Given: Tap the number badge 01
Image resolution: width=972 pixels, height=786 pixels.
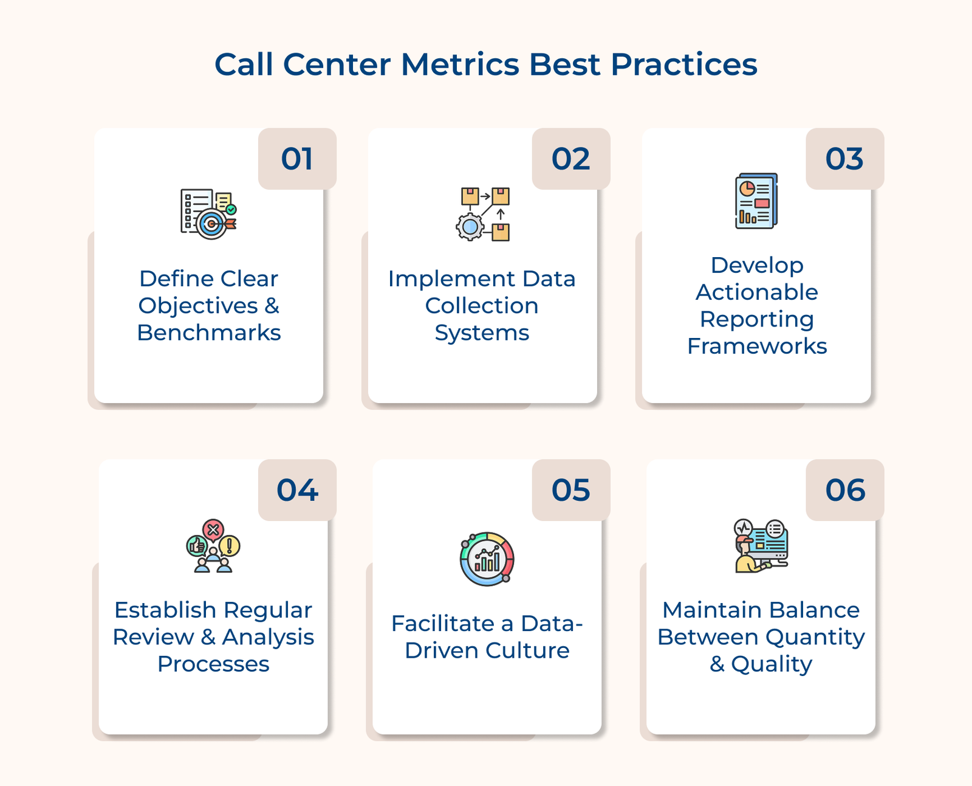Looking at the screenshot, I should [x=297, y=159].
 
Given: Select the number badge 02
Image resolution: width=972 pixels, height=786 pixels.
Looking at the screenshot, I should [x=570, y=159].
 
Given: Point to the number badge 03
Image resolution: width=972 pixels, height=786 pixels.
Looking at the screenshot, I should [x=844, y=159].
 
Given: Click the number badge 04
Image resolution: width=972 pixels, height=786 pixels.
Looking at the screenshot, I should [x=297, y=490].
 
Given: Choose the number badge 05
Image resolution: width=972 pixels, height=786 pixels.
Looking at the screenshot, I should [x=570, y=490].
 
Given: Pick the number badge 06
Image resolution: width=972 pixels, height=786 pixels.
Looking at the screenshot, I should [x=844, y=490].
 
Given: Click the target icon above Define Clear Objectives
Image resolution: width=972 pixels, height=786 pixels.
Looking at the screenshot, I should [x=211, y=224].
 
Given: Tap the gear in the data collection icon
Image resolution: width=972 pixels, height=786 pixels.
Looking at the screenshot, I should [x=470, y=227].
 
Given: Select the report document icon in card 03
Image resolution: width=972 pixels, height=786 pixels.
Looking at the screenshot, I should [x=756, y=201].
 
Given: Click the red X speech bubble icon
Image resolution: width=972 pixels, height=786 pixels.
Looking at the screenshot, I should [x=213, y=530].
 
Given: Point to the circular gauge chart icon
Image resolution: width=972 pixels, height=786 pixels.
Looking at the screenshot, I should [x=487, y=559].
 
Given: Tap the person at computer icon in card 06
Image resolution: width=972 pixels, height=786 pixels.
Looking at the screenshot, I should [x=761, y=546].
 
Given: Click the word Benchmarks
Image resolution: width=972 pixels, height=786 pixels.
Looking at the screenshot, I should [x=209, y=333].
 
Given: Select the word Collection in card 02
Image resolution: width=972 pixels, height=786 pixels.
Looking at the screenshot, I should [x=482, y=306].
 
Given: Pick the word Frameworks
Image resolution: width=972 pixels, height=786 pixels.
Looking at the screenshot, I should [x=757, y=346].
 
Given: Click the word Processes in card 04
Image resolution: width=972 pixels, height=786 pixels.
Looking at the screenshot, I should [x=213, y=664].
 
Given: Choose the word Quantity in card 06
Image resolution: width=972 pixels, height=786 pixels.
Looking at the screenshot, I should [x=815, y=638].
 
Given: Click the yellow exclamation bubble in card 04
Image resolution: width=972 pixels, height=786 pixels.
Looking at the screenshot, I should [x=230, y=545].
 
